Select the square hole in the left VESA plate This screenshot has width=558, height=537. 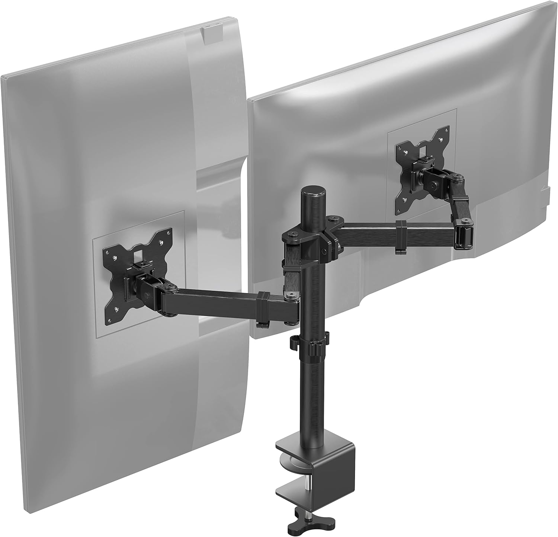[x=139, y=255]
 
